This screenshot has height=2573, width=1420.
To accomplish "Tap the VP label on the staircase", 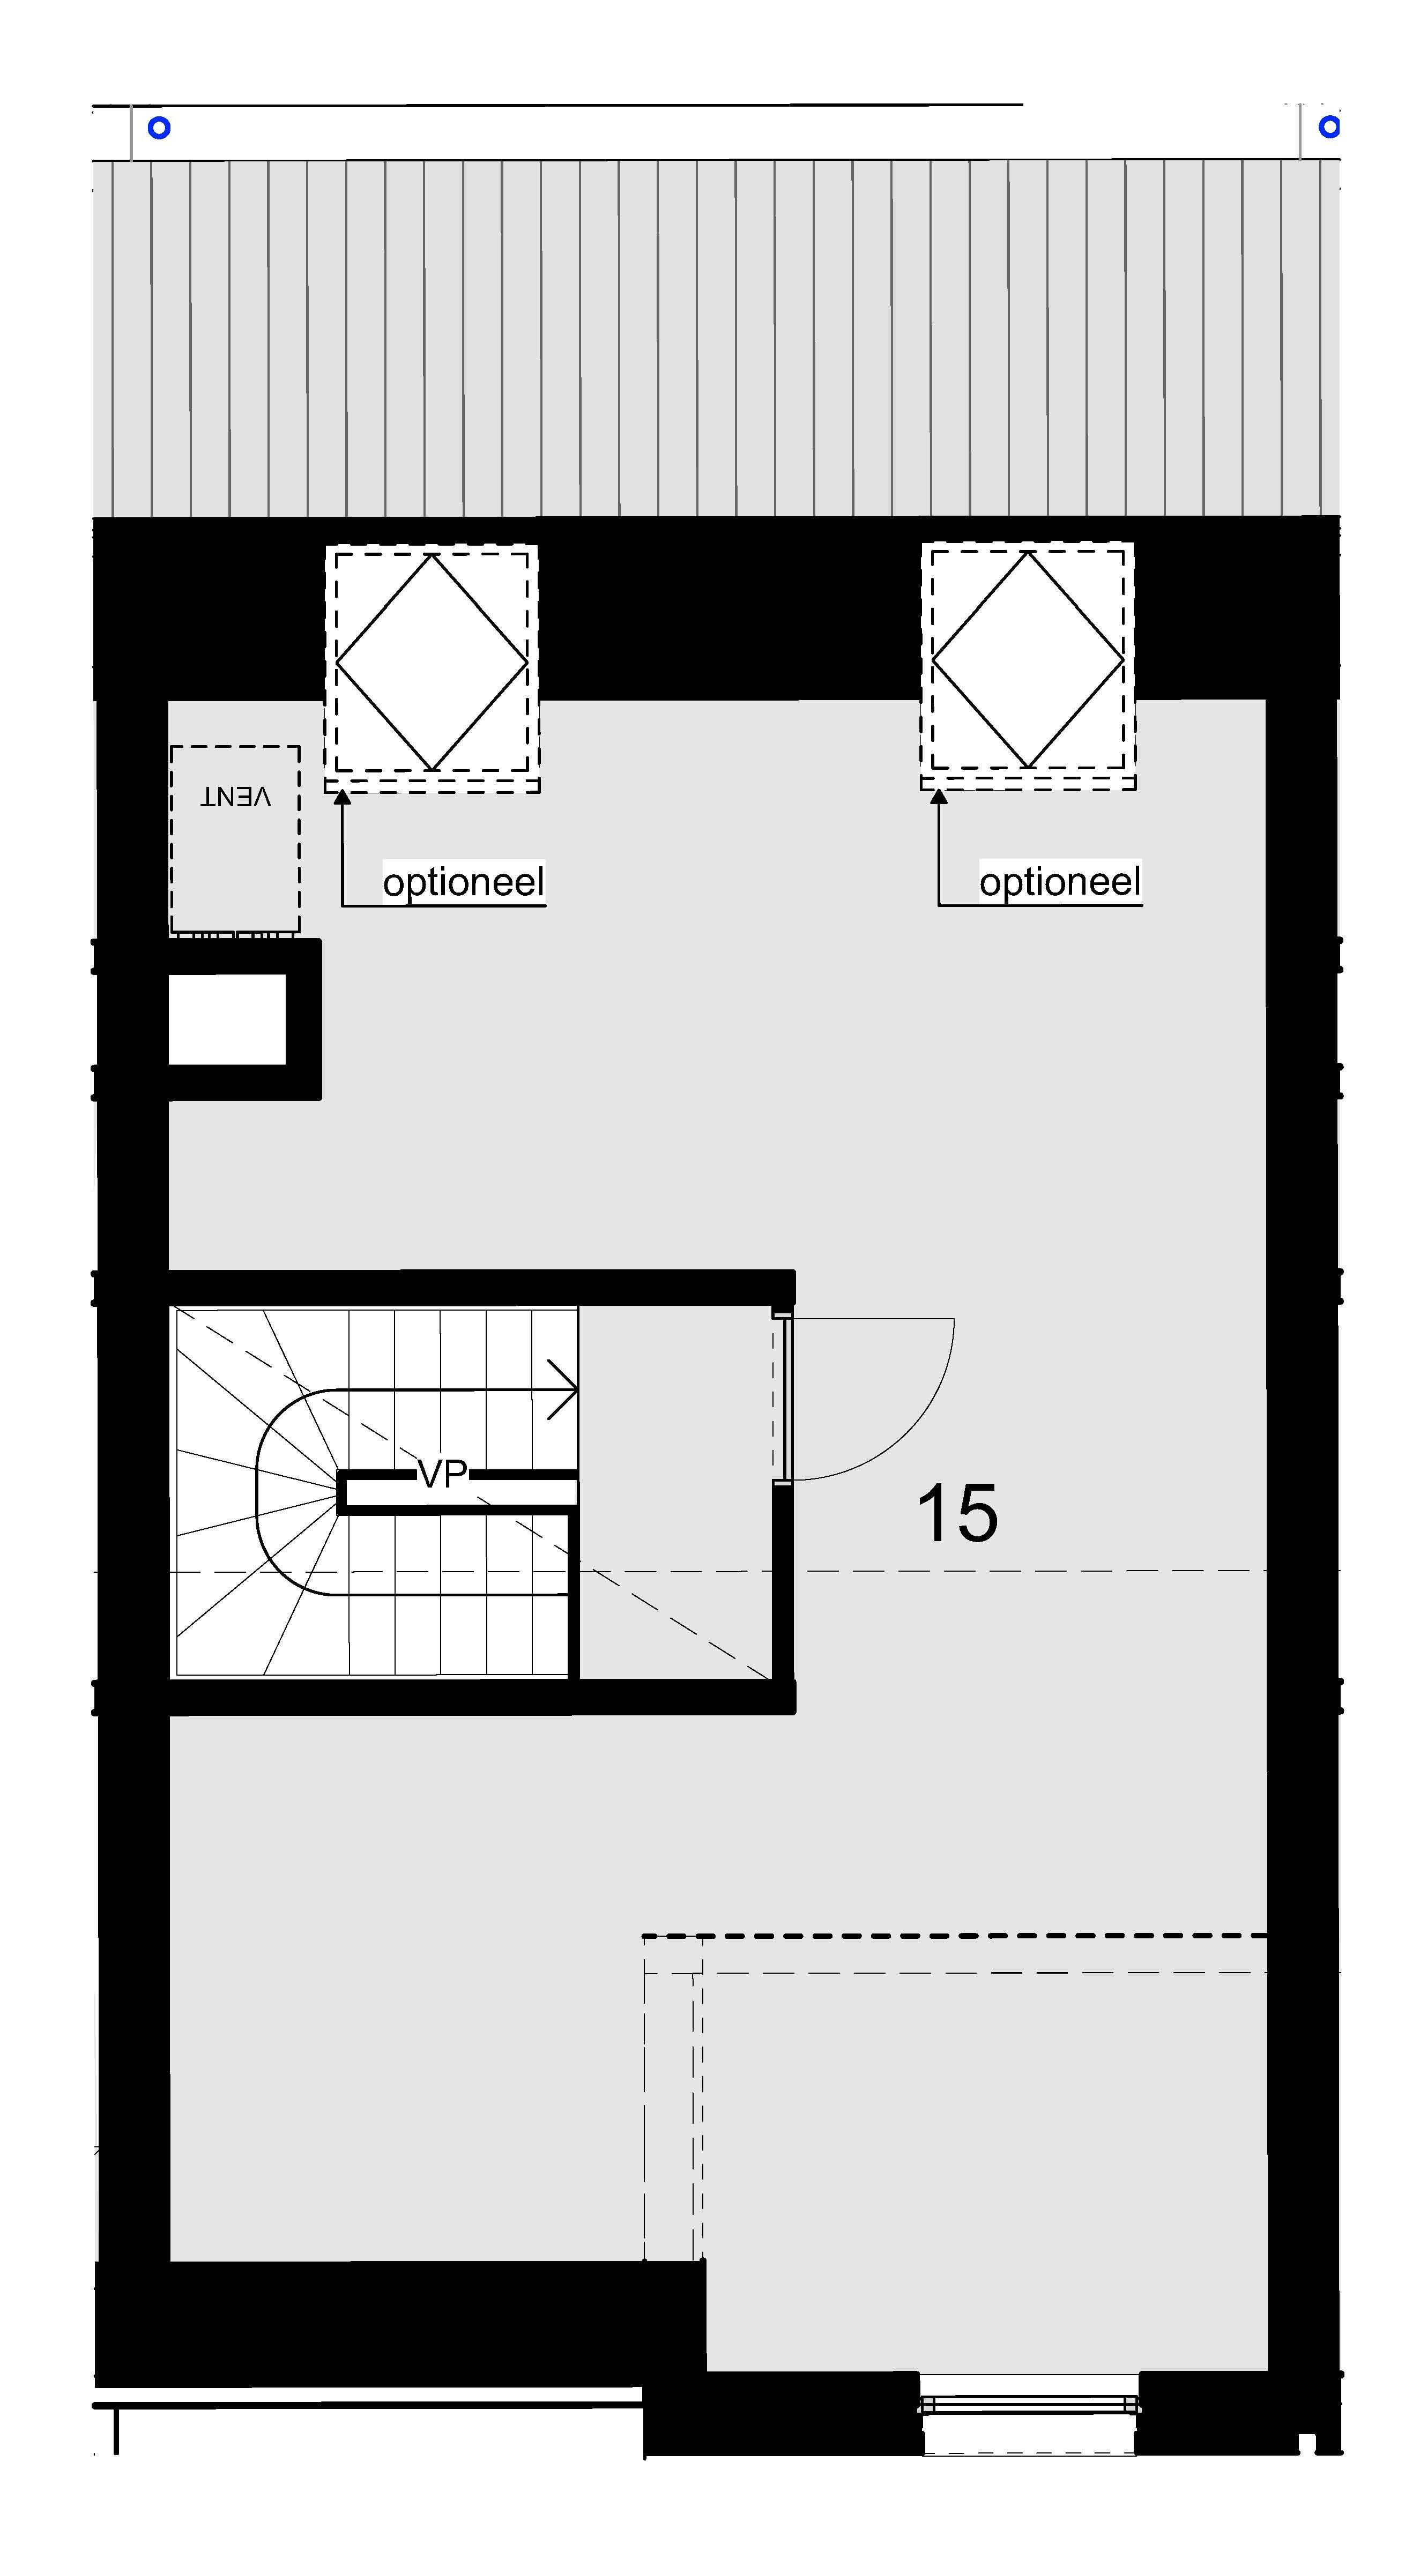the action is [442, 1473].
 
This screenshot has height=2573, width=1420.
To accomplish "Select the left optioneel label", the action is [463, 882].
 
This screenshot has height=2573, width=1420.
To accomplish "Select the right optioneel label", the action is [1060, 882].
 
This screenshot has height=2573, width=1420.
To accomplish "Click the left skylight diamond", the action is [432, 662].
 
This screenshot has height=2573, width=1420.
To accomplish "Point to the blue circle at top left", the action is [159, 128].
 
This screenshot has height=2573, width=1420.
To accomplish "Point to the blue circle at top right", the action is [1328, 127].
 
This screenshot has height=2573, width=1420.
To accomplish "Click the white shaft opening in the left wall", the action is [228, 1019].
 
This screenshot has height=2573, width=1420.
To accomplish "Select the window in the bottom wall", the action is [1029, 2405].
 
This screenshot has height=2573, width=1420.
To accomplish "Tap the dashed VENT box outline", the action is [171, 839].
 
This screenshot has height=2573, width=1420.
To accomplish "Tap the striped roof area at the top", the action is [716, 338].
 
